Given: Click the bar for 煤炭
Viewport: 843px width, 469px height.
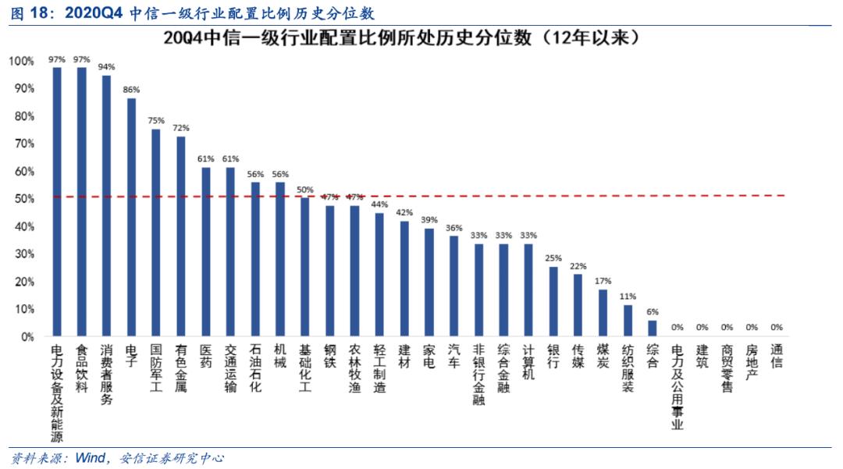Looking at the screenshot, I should click(x=603, y=312).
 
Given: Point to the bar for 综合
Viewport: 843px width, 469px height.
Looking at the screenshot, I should click(x=653, y=328).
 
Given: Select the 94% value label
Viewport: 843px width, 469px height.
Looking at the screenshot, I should click(x=106, y=67).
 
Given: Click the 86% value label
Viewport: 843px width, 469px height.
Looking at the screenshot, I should click(x=131, y=90).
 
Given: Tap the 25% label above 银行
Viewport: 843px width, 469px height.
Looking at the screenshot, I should click(x=553, y=258).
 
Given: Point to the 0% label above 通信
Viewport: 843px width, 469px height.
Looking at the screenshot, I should click(x=777, y=327).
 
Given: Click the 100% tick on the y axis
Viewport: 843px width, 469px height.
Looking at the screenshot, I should click(x=21, y=61).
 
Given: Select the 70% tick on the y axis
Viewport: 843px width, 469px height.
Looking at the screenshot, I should click(x=23, y=144).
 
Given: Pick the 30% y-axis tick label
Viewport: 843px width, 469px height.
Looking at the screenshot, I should click(x=23, y=254).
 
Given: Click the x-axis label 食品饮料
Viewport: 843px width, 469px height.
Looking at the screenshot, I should click(x=81, y=370).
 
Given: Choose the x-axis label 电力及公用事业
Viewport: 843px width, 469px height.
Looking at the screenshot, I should click(x=677, y=387).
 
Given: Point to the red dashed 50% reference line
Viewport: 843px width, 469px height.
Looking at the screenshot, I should click(x=546, y=196).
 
